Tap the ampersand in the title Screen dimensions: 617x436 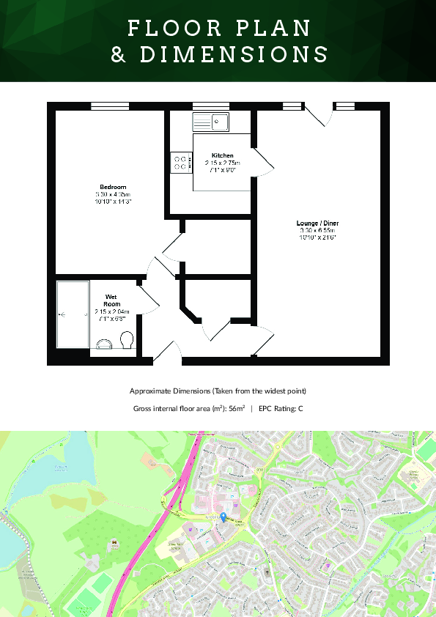coord(118,55)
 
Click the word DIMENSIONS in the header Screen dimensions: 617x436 coord(234,55)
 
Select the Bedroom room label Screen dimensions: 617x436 coord(113,187)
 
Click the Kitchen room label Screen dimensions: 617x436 coord(223,155)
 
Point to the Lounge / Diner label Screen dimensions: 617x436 coord(317,223)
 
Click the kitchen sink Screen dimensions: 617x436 coord(210,122)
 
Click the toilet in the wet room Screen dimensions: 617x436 coord(127,340)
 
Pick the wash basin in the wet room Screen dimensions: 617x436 coord(105,342)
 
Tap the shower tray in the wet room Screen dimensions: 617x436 coord(73,314)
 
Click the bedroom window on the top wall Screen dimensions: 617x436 coord(110,106)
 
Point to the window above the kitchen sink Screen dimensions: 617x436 coord(210,106)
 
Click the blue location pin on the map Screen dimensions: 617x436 coord(223,517)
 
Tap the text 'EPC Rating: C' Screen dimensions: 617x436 coord(280,408)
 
